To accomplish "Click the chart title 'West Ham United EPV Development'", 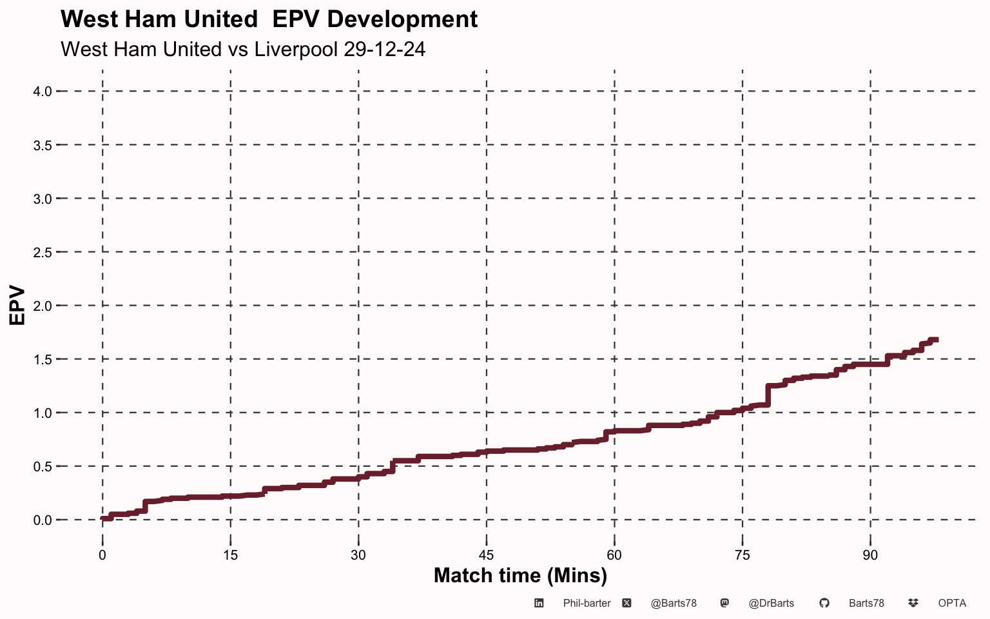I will [x=269, y=19].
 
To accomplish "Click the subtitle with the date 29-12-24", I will [x=243, y=49].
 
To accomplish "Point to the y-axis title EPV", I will [x=17, y=305].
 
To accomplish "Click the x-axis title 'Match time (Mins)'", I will [x=520, y=575].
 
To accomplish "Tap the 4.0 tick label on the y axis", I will [x=42, y=92].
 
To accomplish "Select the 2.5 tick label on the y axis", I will [x=42, y=252].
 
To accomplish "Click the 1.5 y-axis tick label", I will [x=42, y=359].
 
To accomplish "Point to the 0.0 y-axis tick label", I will [x=42, y=520].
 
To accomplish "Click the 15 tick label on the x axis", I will [x=230, y=555].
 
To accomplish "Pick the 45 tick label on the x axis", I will [x=486, y=555].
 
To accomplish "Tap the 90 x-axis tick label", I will [x=870, y=555].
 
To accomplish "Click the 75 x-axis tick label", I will [x=742, y=555].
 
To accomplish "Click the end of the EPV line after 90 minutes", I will [x=936, y=340].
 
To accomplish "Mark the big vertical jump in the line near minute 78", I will [x=768, y=395].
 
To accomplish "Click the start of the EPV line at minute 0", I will [x=103, y=519].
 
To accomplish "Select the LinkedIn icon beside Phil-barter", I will [x=539, y=603].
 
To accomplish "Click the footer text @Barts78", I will [x=674, y=604].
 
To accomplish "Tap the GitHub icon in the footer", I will [x=824, y=603].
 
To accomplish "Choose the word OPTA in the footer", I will [x=952, y=604].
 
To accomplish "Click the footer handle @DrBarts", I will [x=771, y=604].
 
